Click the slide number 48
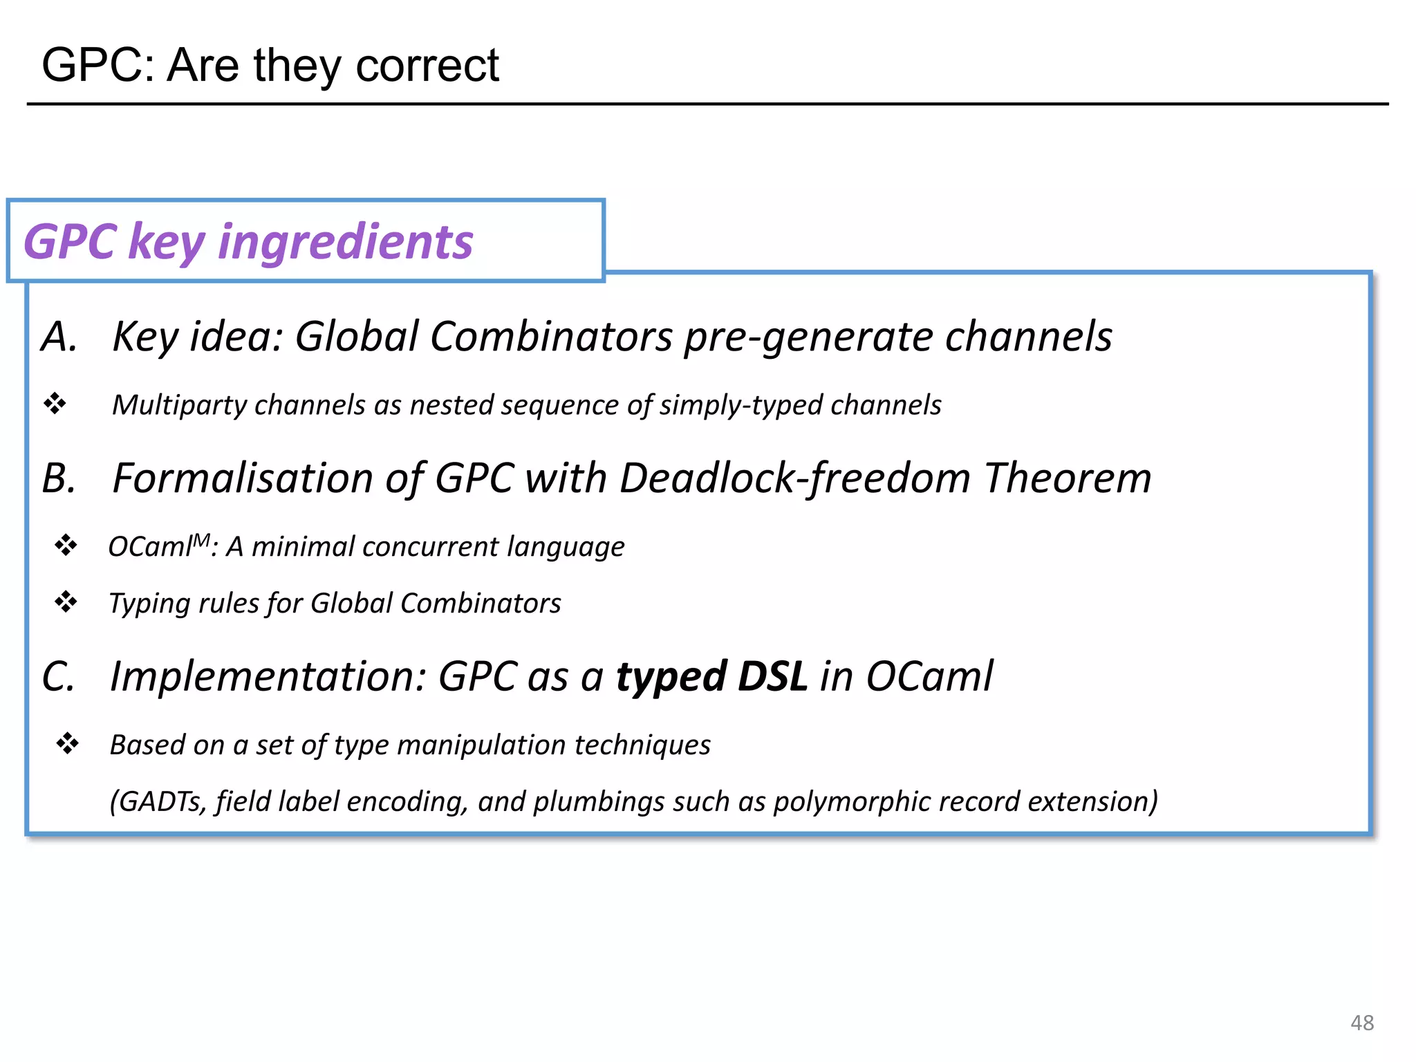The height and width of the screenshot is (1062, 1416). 1361,1023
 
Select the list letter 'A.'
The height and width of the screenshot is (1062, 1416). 59,337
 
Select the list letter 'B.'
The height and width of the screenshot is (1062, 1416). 59,478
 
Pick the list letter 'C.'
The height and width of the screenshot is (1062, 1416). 58,676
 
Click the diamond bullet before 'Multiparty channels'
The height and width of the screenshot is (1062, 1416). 55,404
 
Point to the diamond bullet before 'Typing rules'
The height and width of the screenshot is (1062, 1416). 66,602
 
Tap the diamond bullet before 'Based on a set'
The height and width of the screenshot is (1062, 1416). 67,744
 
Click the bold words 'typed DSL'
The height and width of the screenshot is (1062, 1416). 711,676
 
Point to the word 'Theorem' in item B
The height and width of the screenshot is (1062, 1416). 1068,478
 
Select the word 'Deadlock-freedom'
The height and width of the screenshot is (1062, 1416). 795,478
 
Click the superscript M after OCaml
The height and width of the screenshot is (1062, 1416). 201,539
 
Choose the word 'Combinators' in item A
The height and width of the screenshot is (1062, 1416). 551,337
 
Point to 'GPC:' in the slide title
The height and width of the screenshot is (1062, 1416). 97,66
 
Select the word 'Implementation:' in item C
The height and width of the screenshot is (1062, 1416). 268,676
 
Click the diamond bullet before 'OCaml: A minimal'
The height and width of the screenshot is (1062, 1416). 66,546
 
